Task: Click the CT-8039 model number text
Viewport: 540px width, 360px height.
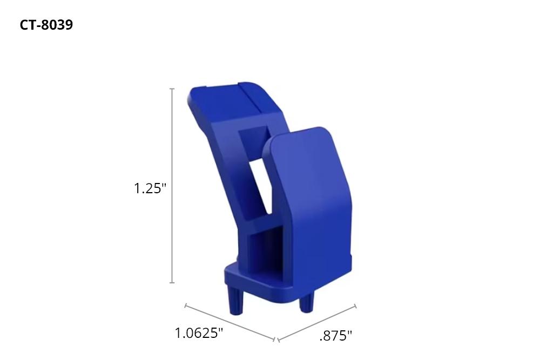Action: [46, 25]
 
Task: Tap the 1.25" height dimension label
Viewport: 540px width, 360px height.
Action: [150, 188]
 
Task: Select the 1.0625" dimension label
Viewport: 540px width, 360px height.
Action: [199, 333]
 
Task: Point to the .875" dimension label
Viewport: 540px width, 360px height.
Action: [335, 336]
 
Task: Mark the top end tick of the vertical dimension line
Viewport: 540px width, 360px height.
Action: [172, 89]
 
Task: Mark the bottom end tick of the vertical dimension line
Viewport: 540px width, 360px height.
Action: [172, 282]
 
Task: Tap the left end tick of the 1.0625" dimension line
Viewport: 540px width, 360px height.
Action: [185, 306]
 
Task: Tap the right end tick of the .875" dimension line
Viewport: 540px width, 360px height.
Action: [355, 306]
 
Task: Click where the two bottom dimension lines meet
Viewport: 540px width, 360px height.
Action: [276, 340]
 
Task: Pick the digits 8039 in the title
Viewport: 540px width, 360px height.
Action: [57, 25]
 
